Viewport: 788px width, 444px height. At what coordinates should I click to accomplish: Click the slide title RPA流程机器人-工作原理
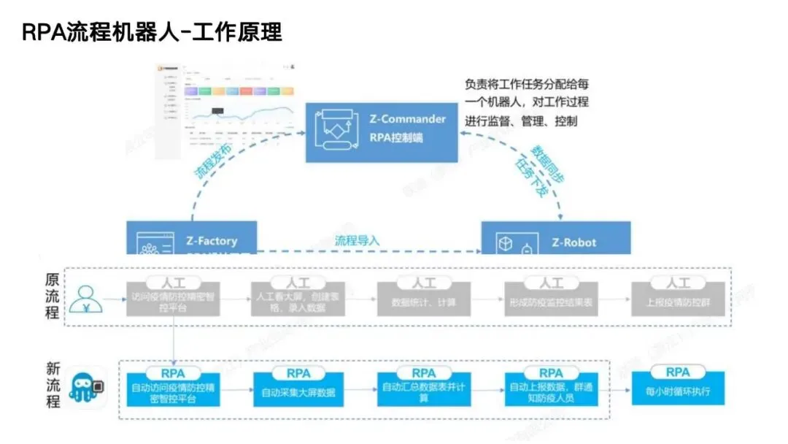151,33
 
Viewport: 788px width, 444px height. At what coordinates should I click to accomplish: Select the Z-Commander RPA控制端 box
382,131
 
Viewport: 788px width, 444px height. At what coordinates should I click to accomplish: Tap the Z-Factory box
191,238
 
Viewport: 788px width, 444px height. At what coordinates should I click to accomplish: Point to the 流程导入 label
357,240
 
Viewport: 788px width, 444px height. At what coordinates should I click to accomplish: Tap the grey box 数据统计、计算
425,301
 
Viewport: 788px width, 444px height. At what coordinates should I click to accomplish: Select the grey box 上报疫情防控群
678,301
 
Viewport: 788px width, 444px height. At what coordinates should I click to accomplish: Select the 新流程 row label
53,386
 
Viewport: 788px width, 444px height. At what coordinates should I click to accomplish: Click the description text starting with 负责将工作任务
527,102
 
